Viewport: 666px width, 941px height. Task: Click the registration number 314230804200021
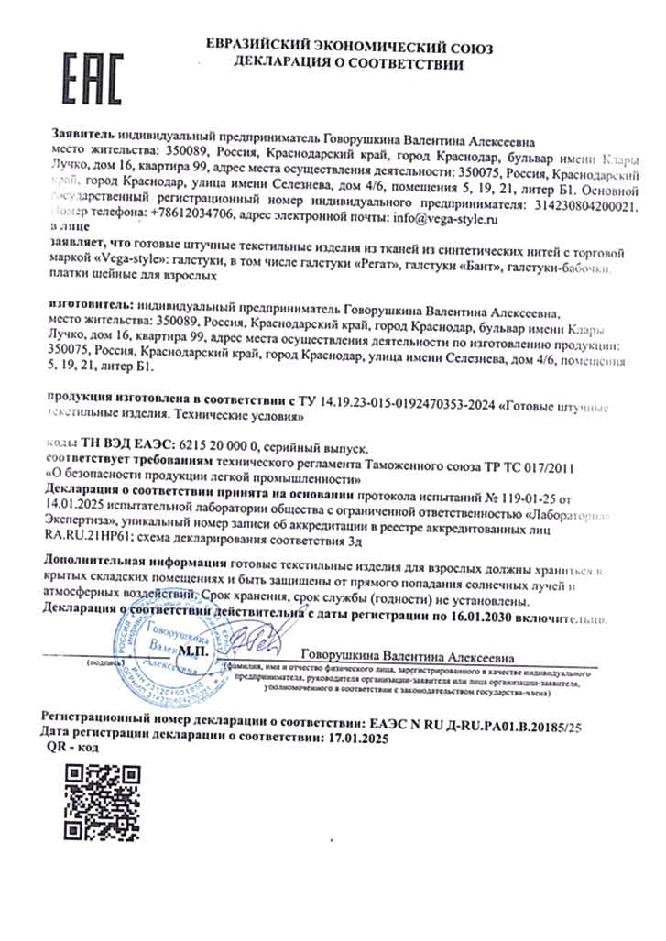(572, 200)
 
